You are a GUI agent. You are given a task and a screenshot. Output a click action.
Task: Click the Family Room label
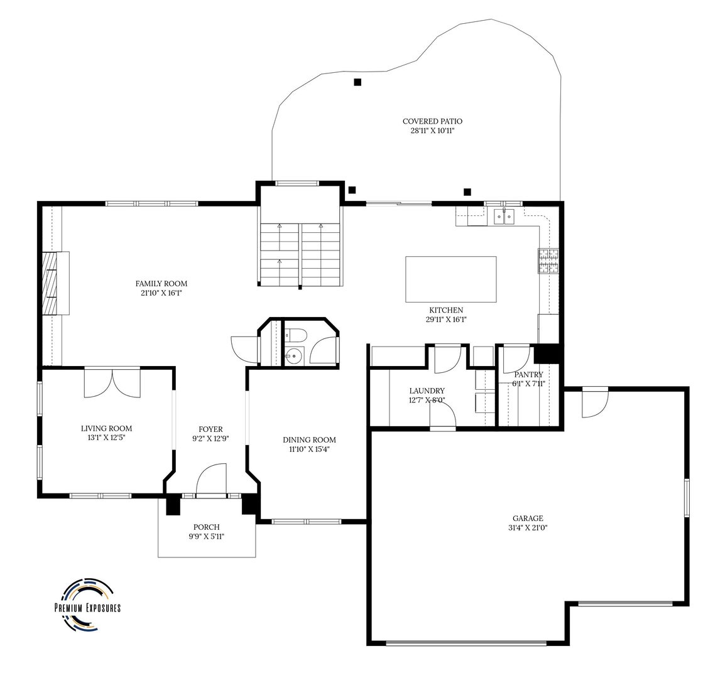(161, 283)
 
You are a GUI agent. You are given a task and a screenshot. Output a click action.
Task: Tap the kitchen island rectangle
(451, 279)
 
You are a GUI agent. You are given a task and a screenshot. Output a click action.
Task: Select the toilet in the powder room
(295, 335)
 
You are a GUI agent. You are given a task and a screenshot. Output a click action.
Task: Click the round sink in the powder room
(292, 357)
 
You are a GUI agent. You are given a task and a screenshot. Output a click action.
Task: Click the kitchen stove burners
(548, 261)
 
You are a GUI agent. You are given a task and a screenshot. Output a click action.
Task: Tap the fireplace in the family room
(55, 283)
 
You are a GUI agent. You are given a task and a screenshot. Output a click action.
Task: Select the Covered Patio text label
(432, 121)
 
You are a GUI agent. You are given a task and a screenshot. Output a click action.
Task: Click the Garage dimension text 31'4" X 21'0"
(528, 528)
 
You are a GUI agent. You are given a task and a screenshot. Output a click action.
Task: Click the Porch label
(206, 527)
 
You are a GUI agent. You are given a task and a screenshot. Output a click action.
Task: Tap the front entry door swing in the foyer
(211, 479)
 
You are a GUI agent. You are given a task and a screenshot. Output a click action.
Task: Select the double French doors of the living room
(112, 382)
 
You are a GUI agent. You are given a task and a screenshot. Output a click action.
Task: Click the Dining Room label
(309, 439)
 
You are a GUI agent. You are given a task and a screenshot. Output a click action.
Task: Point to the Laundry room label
(427, 391)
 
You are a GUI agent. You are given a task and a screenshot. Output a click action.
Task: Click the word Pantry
(528, 374)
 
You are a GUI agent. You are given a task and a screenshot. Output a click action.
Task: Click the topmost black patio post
(357, 82)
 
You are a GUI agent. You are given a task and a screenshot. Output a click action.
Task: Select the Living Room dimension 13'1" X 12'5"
(106, 438)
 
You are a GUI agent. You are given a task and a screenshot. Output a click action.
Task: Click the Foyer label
(211, 429)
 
